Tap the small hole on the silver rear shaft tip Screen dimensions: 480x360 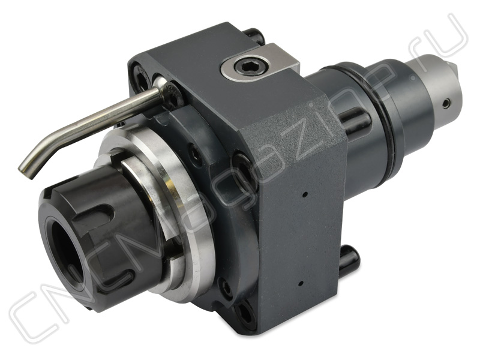pyautogui.click(x=447, y=103)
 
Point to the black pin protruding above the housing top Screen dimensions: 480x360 pyautogui.click(x=254, y=35)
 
